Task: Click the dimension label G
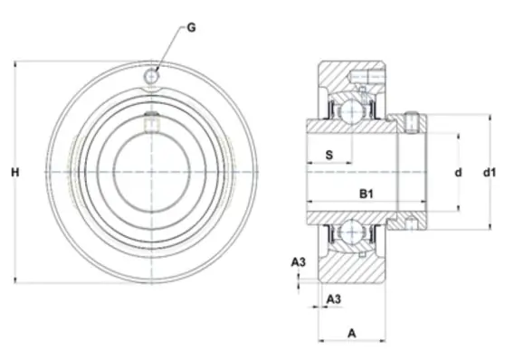point(191,27)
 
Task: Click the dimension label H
point(15,172)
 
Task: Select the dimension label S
point(329,155)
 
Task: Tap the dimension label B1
point(366,194)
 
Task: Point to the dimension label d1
point(490,172)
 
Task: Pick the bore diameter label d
point(458,172)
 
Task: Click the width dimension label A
point(352,334)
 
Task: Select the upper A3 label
point(299,262)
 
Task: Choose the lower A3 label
point(334,298)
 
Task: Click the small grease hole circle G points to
point(151,76)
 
